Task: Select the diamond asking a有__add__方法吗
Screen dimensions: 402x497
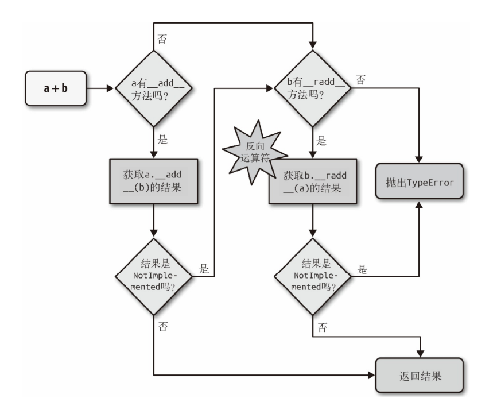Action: pyautogui.click(x=154, y=89)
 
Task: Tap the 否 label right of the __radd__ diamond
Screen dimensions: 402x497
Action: pyautogui.click(x=360, y=80)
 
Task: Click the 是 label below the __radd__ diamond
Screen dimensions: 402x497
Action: pyautogui.click(x=321, y=140)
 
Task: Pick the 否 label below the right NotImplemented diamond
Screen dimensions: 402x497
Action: pyautogui.click(x=321, y=327)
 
